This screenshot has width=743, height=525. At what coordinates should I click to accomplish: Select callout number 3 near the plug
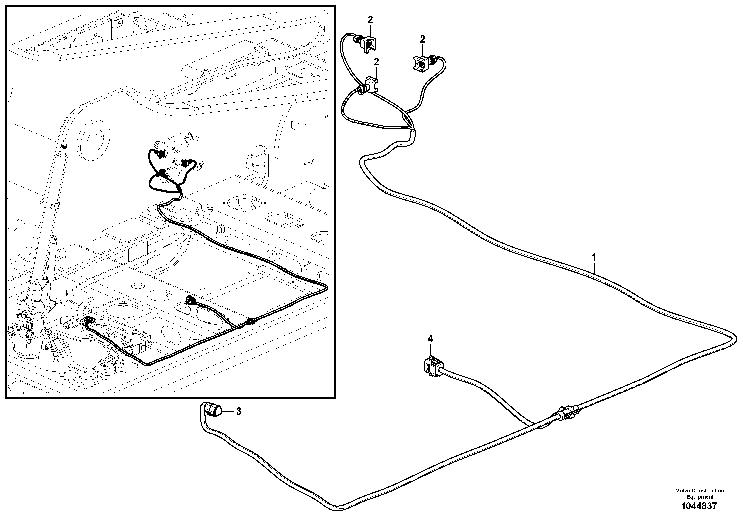click(x=239, y=411)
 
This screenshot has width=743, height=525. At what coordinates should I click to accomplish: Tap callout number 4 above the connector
click(x=430, y=339)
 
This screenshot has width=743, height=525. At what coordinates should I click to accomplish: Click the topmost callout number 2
click(x=370, y=20)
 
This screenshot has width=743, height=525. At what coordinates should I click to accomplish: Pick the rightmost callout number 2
click(x=422, y=39)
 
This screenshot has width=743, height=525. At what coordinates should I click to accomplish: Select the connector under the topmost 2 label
click(x=368, y=43)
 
